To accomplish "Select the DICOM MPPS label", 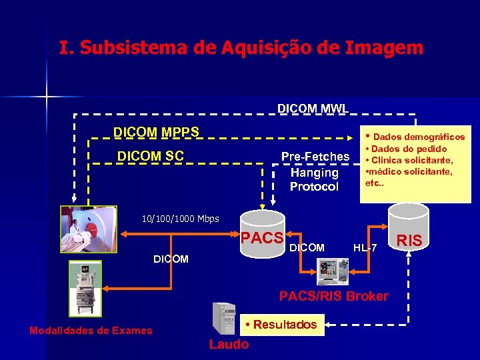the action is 156,132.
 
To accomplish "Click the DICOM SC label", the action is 150,156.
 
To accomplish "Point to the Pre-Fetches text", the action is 315,157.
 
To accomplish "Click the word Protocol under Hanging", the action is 314,187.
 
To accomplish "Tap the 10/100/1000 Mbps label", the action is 180,219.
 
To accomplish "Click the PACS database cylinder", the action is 263,231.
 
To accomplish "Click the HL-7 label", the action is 365,248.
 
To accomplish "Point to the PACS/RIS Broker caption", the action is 333,296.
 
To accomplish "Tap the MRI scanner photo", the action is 89,229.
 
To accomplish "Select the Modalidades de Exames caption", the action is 91,331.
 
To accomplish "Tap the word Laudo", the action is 229,344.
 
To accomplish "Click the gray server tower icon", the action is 223,318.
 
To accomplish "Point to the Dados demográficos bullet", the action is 414,136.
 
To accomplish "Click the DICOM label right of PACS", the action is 307,248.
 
